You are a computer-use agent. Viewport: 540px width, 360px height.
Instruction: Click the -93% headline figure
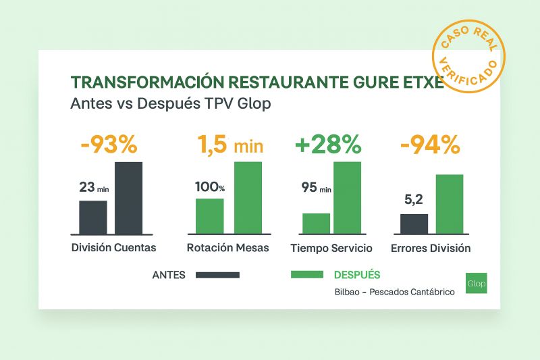click(108, 145)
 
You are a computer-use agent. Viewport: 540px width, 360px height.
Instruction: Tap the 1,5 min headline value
click(230, 145)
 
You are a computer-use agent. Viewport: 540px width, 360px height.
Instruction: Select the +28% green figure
click(328, 145)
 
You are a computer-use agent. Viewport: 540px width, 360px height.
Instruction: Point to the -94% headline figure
click(430, 145)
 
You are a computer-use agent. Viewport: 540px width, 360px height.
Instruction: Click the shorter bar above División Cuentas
click(93, 217)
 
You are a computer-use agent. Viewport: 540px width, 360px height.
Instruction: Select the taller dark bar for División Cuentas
click(128, 197)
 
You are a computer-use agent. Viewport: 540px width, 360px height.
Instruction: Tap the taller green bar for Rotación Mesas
click(248, 197)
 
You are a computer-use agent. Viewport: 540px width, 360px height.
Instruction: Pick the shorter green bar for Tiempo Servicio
click(316, 223)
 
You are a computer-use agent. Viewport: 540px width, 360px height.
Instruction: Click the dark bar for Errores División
click(414, 224)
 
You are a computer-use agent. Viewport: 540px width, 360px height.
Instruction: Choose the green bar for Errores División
click(450, 203)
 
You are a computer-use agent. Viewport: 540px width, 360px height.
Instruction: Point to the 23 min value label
click(94, 188)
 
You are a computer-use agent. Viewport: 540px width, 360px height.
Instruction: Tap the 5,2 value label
click(414, 201)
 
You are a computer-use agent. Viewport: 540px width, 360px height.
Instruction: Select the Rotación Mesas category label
click(228, 248)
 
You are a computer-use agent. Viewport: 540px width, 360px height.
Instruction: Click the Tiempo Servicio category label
click(331, 248)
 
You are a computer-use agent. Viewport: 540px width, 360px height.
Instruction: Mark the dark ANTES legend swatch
click(217, 275)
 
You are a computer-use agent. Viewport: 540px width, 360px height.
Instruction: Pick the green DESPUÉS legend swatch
click(308, 275)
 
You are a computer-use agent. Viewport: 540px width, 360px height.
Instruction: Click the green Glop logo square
click(476, 282)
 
